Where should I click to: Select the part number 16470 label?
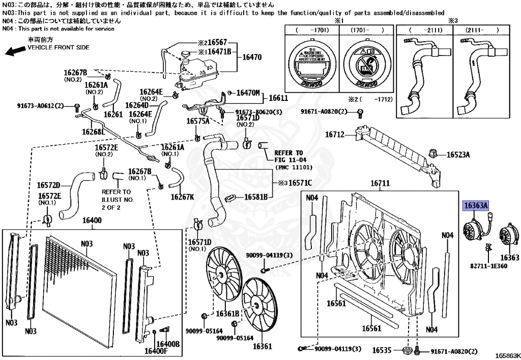point(251,58)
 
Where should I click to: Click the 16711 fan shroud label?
point(380,183)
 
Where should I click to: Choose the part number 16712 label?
point(335,135)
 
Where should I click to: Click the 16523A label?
point(458,154)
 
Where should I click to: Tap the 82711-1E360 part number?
point(488,266)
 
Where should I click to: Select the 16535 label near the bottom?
point(382,350)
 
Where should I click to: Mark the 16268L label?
point(95,132)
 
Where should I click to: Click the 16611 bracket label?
point(278,98)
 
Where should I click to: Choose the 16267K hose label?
point(182,197)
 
